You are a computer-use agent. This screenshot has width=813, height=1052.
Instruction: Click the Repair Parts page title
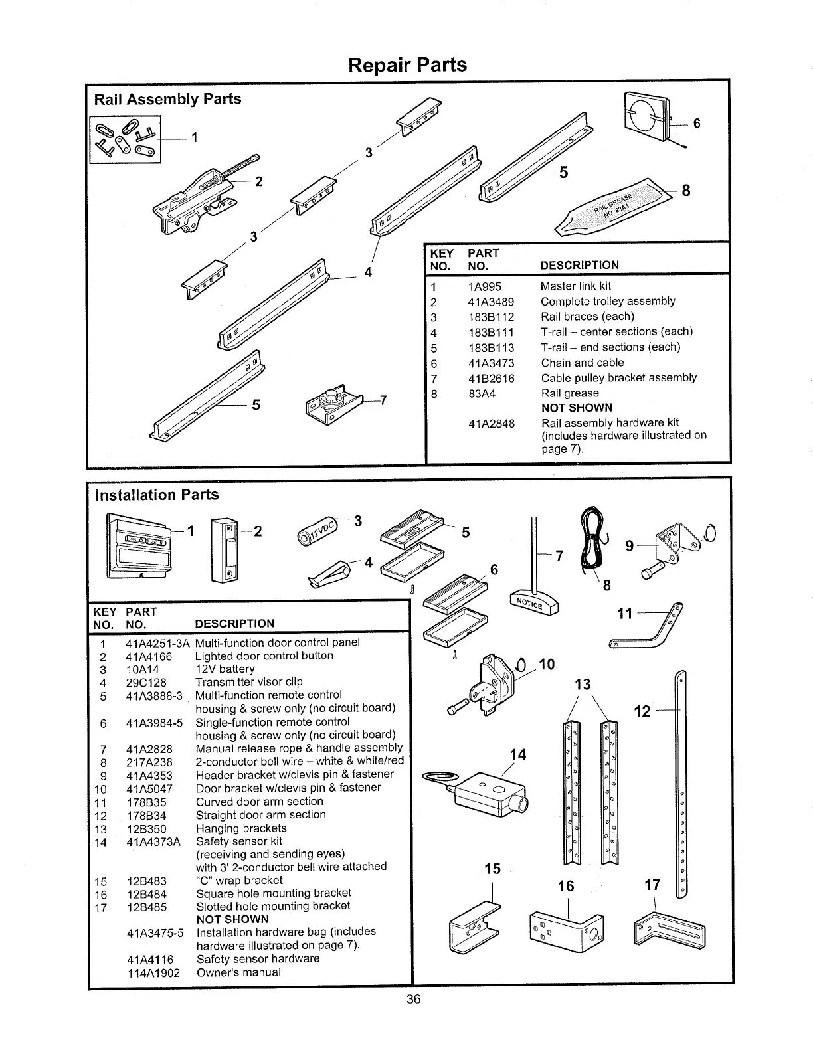[407, 65]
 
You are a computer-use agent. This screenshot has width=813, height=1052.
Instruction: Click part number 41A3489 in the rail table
[491, 302]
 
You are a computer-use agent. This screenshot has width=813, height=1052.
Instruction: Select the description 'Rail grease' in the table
[570, 393]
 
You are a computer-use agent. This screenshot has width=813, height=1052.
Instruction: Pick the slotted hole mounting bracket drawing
[670, 929]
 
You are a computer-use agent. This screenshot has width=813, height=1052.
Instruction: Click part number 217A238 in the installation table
[149, 762]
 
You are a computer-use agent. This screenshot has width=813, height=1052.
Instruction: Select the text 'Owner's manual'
[238, 972]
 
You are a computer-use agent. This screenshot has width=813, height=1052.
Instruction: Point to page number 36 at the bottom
[414, 999]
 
